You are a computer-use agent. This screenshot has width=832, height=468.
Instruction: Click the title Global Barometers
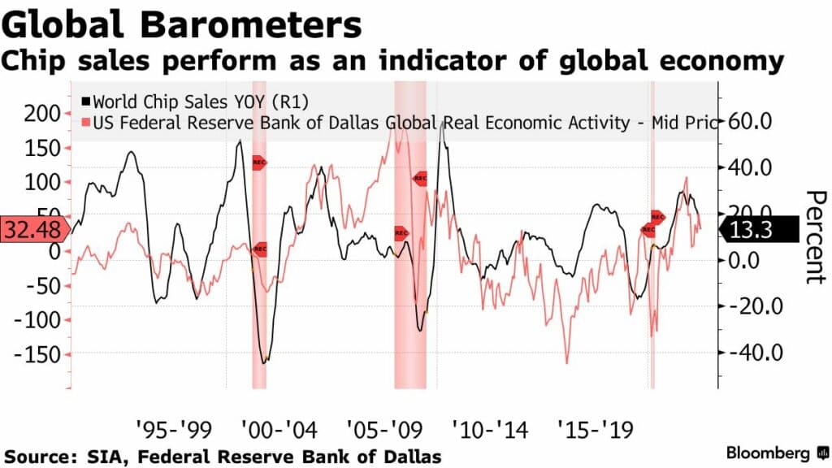[x=181, y=25]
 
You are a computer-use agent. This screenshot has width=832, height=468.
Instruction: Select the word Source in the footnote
[x=37, y=456]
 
